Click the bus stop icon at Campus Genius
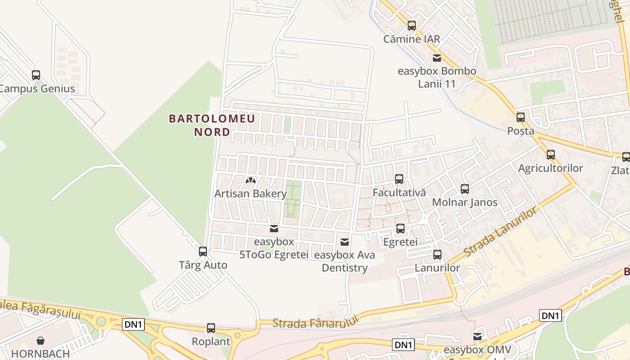36,75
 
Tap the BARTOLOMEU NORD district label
212,126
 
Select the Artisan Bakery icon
251,180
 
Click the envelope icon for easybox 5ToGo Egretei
274,229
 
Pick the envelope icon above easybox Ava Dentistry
345,242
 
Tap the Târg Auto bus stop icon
203,252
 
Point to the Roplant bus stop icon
211,328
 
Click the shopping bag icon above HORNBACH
40,341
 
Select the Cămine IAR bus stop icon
412,26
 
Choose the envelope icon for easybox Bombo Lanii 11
436,58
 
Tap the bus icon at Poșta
521,117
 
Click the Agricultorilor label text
550,168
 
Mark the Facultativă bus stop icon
399,179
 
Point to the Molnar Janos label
464,202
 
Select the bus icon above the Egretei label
400,229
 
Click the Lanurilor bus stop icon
437,255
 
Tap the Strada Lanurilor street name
500,232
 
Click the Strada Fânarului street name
315,322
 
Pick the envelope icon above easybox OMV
477,337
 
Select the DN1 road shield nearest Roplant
133,324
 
